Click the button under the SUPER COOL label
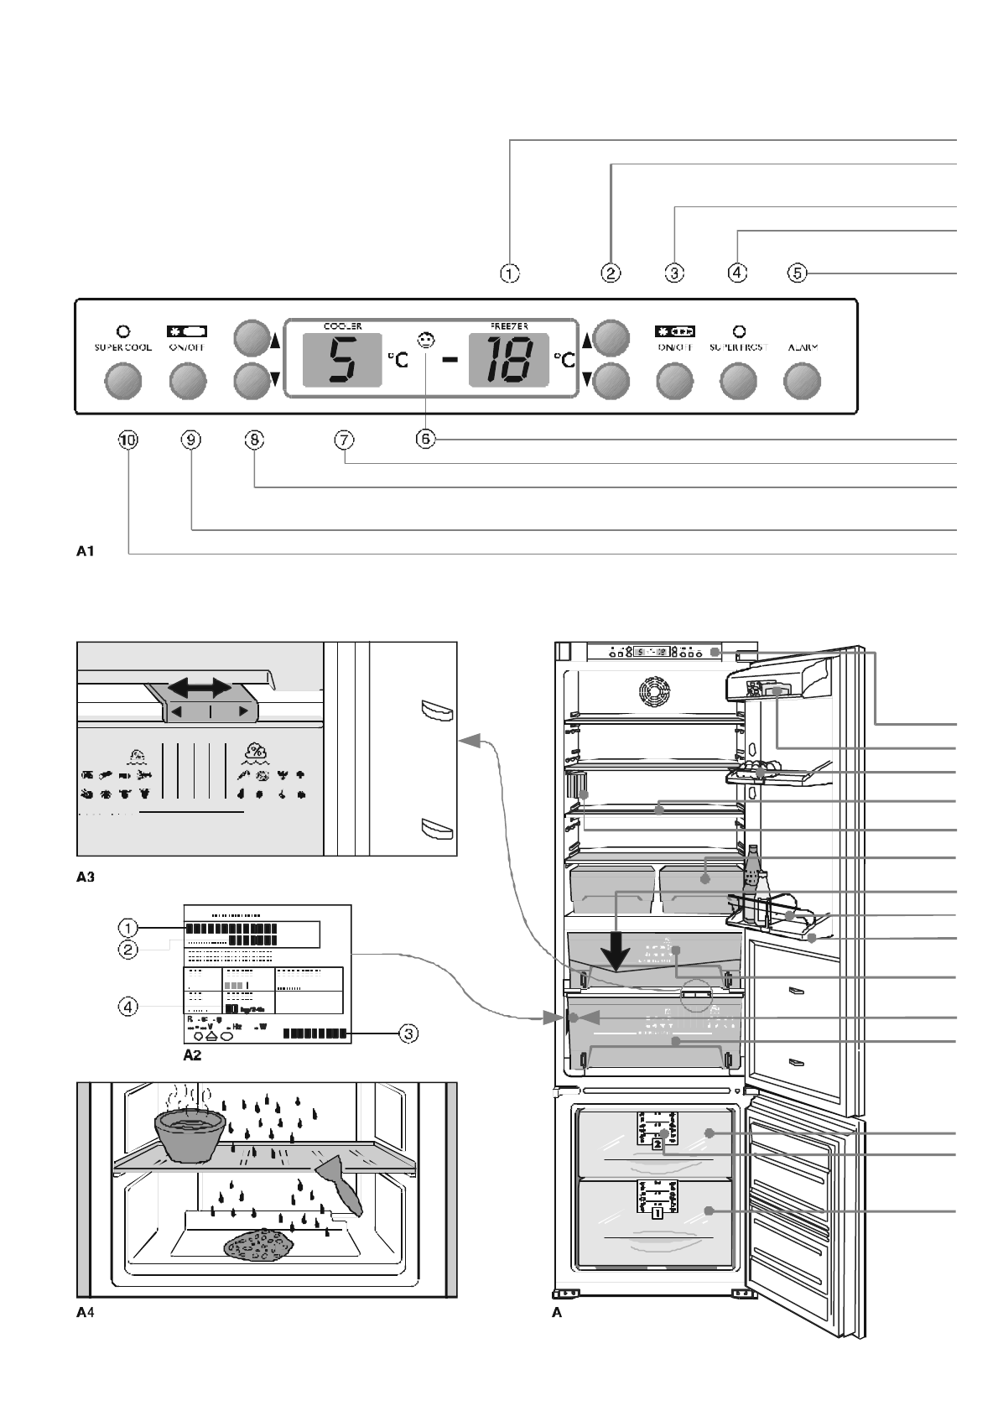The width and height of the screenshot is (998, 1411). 122,383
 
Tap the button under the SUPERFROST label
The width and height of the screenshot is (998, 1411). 738,383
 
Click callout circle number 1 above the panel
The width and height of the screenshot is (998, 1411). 510,273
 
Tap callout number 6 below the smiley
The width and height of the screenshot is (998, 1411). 426,440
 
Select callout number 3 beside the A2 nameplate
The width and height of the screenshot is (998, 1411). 407,1034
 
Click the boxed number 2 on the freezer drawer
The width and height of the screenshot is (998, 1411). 658,1143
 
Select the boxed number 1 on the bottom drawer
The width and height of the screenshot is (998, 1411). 658,1212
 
